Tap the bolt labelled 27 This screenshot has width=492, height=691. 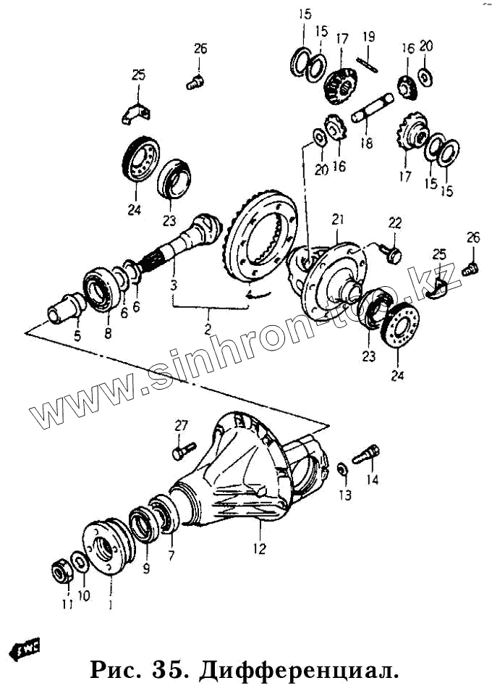(183, 451)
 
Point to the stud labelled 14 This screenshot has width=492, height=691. (367, 455)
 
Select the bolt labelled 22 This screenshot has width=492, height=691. (394, 253)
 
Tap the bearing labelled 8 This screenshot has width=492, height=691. (101, 290)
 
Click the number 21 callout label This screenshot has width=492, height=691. (337, 219)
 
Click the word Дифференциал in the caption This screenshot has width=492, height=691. (296, 669)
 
